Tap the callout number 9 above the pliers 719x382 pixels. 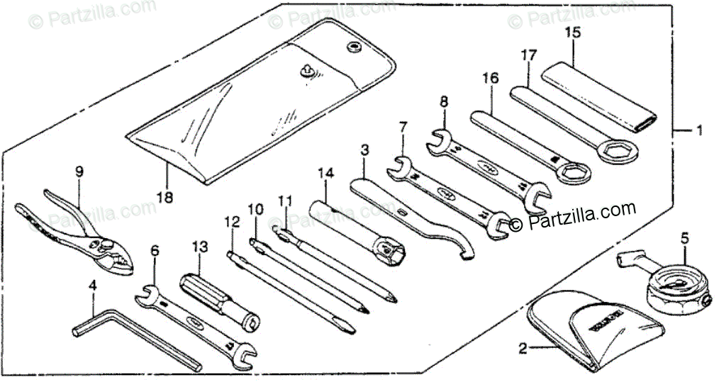(x=79, y=171)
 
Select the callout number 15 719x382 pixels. (x=572, y=33)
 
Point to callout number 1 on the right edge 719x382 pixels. (x=698, y=130)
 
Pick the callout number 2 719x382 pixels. (x=523, y=348)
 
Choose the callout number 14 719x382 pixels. (x=325, y=172)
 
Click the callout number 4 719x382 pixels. (x=92, y=286)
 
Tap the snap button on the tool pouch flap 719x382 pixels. (x=352, y=47)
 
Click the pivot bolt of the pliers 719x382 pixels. (x=106, y=245)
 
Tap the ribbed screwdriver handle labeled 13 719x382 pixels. (x=202, y=291)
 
